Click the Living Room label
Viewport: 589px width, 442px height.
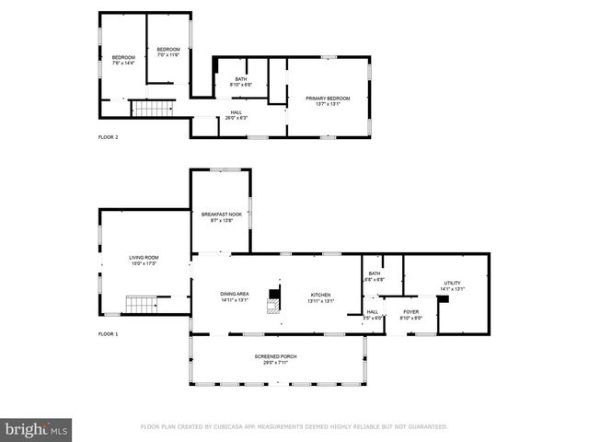click(x=143, y=261)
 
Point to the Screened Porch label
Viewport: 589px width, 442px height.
click(x=275, y=358)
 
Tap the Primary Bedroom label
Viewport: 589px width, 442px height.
click(x=329, y=100)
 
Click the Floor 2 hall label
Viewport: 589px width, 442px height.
click(x=237, y=114)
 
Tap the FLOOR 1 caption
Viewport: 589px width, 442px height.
click(x=108, y=334)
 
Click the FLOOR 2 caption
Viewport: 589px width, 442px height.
click(x=108, y=137)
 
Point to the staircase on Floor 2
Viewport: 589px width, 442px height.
click(x=153, y=110)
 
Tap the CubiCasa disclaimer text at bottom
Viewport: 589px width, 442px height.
click(x=294, y=427)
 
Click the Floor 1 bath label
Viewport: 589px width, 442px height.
click(x=375, y=276)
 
